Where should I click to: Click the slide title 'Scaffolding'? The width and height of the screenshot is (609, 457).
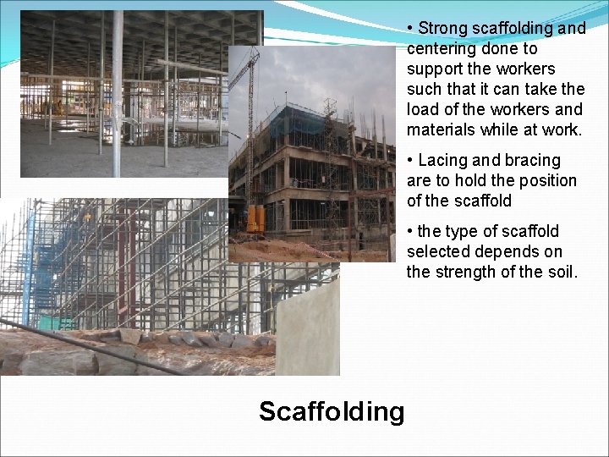(x=332, y=412)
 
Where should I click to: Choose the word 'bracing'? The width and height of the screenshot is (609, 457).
(x=533, y=161)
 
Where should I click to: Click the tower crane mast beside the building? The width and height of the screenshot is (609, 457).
(x=251, y=127)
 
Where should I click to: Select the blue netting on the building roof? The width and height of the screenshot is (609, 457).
(x=304, y=118)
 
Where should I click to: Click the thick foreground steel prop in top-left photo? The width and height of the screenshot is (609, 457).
(x=117, y=93)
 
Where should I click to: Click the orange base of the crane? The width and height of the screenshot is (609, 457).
(x=254, y=220)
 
